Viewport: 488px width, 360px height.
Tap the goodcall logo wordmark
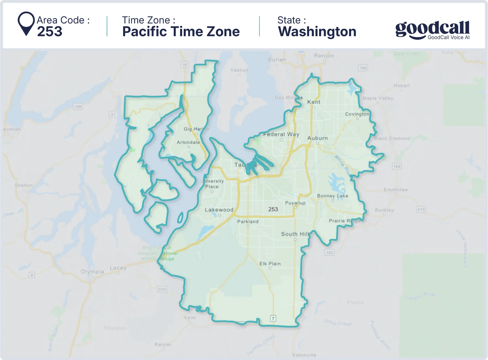pos(432,30)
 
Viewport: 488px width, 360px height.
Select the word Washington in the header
pos(317,32)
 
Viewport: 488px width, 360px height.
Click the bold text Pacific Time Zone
pos(181,32)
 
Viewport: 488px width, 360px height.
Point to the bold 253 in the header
pos(50,32)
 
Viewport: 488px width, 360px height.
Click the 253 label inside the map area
pos(273,209)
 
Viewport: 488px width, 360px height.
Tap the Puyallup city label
pos(295,203)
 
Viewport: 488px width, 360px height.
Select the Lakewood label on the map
pos(219,210)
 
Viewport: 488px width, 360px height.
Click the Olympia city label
pos(92,272)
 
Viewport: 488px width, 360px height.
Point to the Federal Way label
pos(281,134)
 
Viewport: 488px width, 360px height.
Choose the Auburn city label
pos(317,138)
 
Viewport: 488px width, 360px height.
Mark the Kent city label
pos(314,102)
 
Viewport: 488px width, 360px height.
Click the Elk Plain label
pos(270,264)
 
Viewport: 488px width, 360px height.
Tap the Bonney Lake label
pos(333,196)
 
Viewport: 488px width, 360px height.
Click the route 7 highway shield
pos(273,318)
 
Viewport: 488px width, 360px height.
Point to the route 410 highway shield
pos(421,209)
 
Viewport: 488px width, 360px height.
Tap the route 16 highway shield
pos(184,64)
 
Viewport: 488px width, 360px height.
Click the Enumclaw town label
pos(395,190)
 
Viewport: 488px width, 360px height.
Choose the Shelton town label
pos(24,185)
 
